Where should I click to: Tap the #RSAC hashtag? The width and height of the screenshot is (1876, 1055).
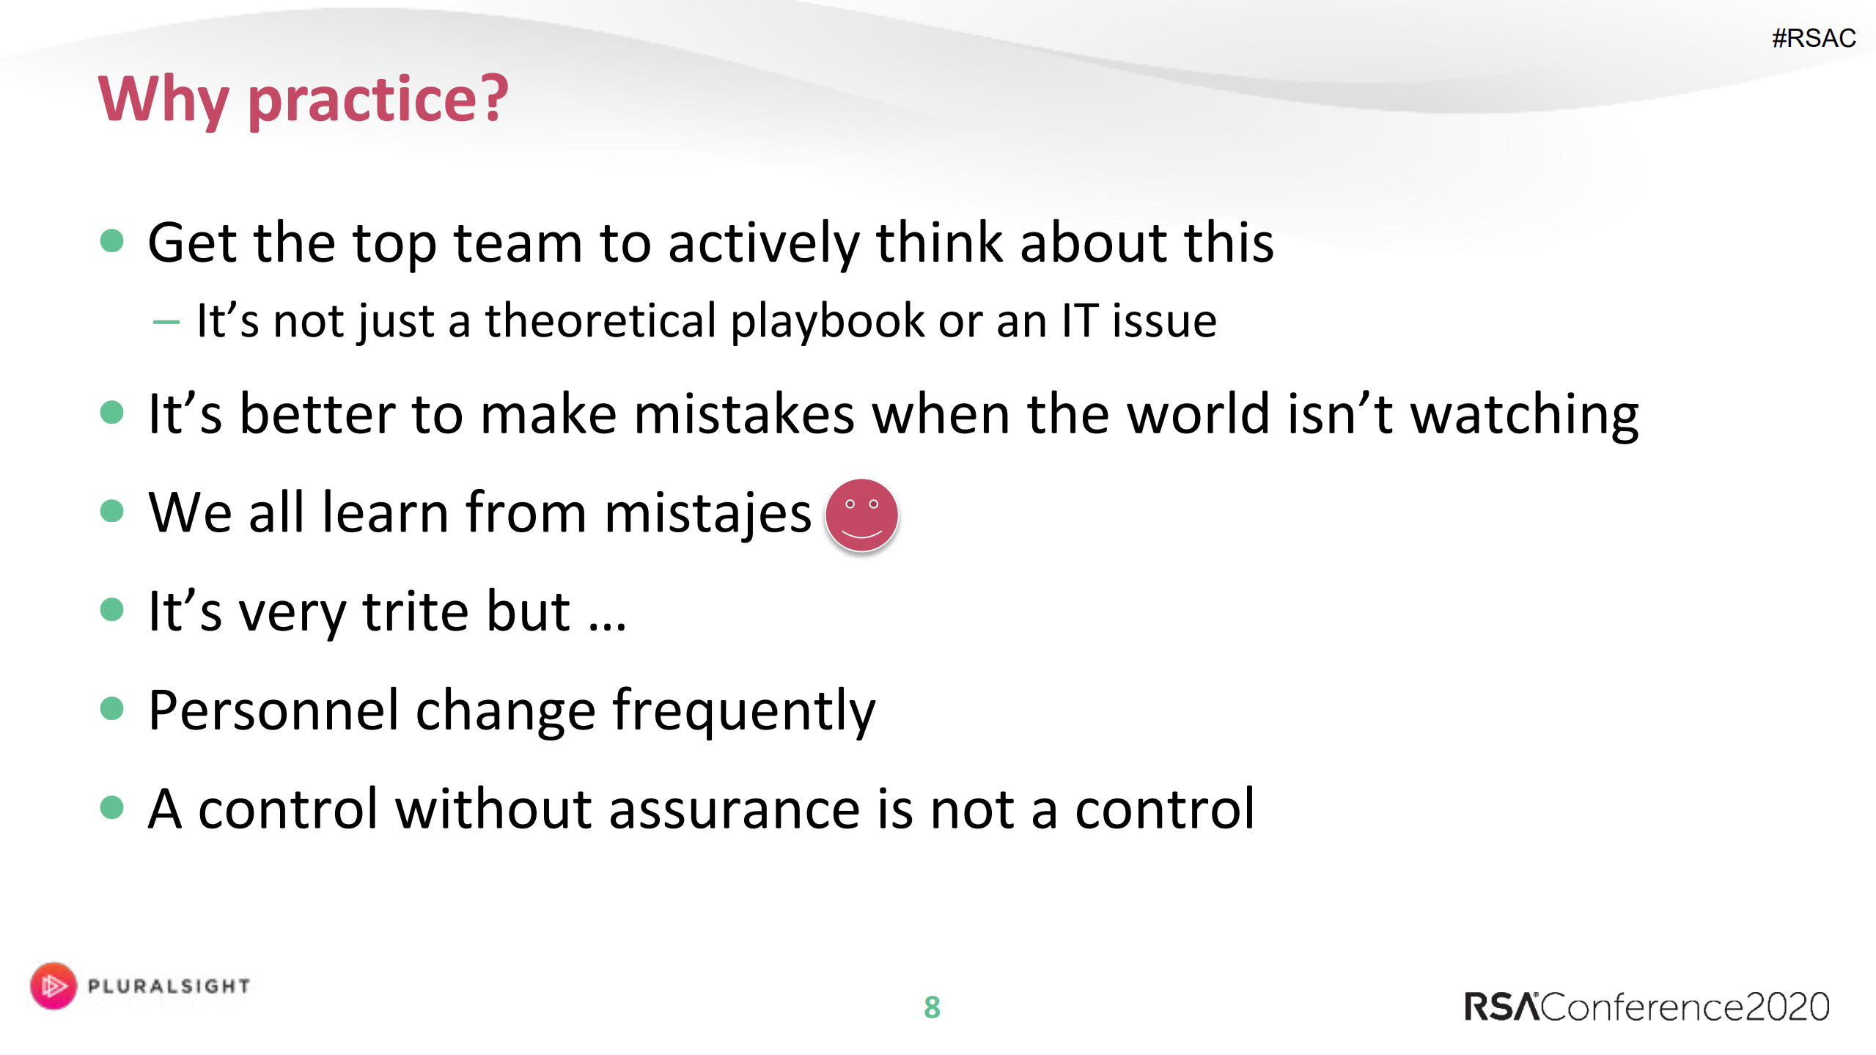pos(1814,38)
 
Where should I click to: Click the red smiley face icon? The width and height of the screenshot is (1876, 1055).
pos(861,515)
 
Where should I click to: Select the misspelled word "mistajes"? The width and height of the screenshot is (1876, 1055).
pos(708,513)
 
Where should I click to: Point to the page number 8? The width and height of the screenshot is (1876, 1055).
pos(932,1007)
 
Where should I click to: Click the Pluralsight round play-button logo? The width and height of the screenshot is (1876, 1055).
pos(54,985)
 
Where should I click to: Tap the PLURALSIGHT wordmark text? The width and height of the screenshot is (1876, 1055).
pos(169,986)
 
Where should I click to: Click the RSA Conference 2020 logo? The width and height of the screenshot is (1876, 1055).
pos(1647,1007)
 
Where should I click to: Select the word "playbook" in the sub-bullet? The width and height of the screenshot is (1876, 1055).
pos(828,322)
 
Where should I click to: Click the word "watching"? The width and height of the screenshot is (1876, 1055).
pos(1525,415)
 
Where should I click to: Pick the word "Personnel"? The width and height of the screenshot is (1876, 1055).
pos(274,710)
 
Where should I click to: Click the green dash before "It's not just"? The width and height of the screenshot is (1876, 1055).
pos(166,322)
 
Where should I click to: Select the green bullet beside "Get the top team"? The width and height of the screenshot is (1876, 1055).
pos(111,240)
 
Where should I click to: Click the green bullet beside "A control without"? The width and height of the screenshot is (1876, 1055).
pos(111,807)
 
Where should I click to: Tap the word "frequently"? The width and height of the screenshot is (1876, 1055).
pos(744,711)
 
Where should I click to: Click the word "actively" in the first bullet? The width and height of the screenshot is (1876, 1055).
pos(763,244)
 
